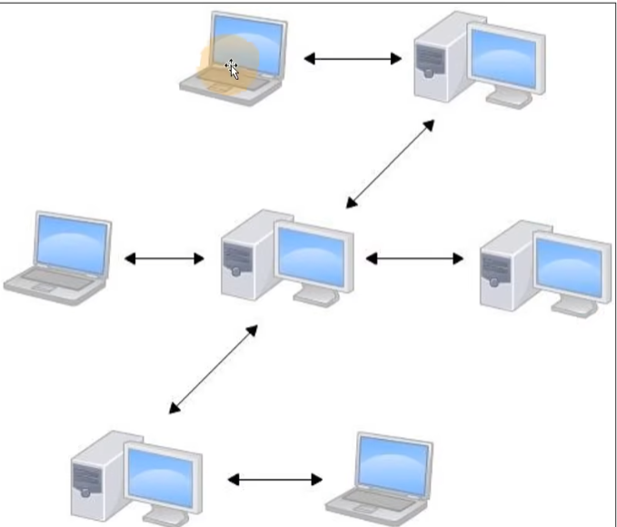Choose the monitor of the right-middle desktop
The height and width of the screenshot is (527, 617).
[x=570, y=264]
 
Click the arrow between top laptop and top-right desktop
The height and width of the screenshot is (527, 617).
[x=352, y=59]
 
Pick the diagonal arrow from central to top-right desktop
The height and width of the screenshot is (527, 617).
[x=390, y=164]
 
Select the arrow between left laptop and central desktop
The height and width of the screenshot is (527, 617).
[x=164, y=259]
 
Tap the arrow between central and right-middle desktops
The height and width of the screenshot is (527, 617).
[x=413, y=258]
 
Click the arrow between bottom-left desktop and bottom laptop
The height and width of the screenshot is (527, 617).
[x=274, y=479]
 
